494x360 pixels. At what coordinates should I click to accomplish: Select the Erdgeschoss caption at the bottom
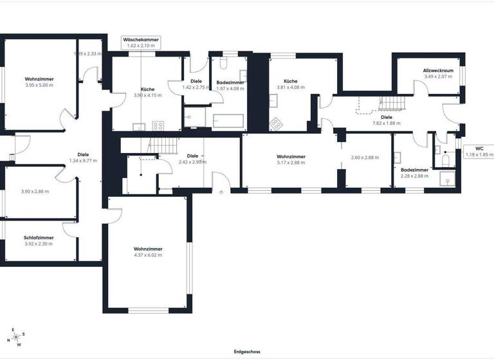coord(247,352)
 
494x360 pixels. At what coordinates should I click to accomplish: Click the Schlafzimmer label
coord(39,237)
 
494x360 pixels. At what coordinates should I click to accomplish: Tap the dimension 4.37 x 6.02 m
coord(148,255)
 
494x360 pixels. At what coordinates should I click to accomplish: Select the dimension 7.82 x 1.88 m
coord(386,123)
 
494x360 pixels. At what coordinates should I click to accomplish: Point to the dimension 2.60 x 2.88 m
coord(365,157)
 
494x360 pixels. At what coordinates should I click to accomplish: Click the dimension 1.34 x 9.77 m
coord(83,161)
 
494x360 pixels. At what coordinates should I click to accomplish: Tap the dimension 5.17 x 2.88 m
coord(291,163)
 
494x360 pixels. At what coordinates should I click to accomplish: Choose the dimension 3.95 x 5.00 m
coord(39,85)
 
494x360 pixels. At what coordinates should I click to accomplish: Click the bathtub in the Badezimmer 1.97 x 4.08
coord(228,121)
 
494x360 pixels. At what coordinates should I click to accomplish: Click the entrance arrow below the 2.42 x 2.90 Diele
coord(221,190)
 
